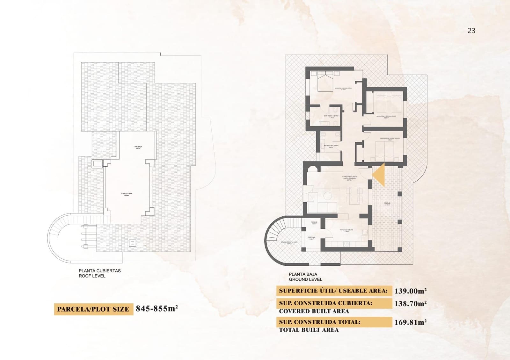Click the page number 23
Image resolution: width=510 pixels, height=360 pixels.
pos(471,31)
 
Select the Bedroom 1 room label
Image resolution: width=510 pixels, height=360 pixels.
pos(343,89)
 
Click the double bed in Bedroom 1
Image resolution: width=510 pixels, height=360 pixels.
pos(325,81)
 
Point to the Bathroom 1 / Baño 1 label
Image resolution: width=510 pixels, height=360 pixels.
pos(331,116)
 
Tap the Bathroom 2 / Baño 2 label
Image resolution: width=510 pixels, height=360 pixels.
pos(331,146)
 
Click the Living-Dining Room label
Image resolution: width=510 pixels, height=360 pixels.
pos(350,178)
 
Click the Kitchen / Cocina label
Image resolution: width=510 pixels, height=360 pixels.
pos(346,230)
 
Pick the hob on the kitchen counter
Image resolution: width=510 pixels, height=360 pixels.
pos(346,244)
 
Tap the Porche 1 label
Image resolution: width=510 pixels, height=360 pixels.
pos(387,204)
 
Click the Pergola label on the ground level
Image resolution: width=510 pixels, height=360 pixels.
pos(311,238)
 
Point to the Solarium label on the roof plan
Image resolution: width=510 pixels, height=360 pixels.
pos(138,147)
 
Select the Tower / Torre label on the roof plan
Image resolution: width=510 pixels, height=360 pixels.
pos(127,194)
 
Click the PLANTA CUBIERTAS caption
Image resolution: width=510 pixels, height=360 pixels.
pos(100,271)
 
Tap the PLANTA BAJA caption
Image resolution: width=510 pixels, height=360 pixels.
pos(303,274)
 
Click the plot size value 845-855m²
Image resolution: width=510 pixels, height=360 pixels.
pos(157,308)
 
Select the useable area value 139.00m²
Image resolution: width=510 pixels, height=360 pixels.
pos(411,291)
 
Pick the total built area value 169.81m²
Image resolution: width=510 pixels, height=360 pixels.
pos(411,322)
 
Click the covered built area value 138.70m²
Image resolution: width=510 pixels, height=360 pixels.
pos(411,304)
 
